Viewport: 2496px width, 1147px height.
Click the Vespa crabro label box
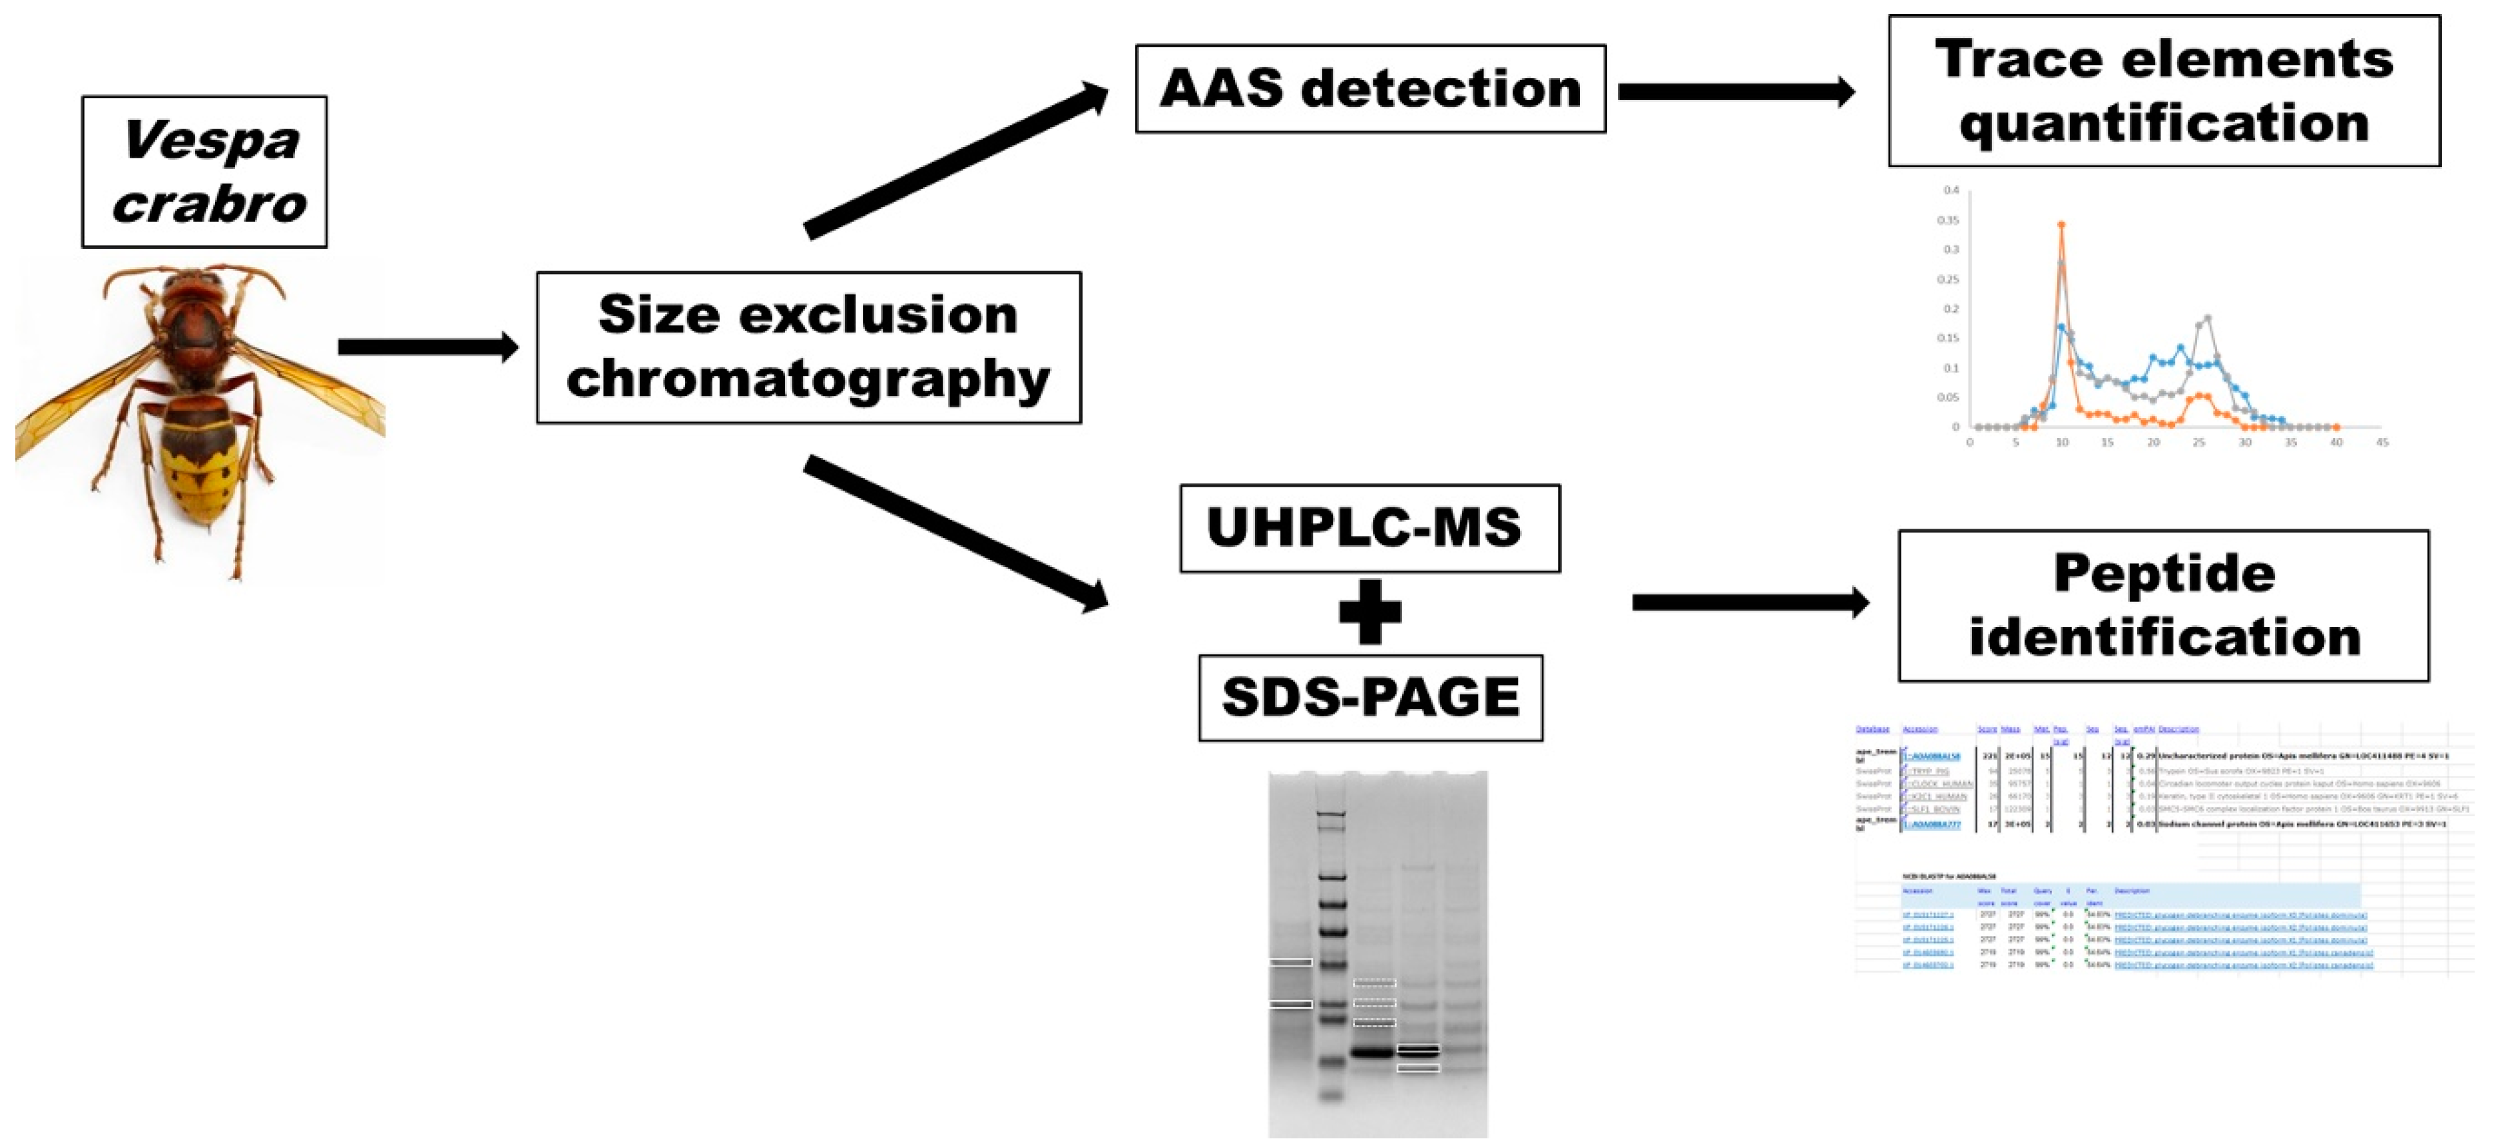pos(204,172)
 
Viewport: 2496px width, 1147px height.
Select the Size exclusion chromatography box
pos(808,347)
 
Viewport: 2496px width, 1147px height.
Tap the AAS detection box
pos(1370,89)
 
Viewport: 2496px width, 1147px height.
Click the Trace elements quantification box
pos(2164,91)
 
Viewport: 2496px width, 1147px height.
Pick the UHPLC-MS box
pos(1369,528)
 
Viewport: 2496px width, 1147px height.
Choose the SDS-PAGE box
pos(1370,698)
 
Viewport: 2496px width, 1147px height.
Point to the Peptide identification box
pos(2164,606)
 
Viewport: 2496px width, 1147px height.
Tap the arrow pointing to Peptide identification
pos(1750,602)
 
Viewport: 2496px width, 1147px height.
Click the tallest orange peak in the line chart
pos(2061,225)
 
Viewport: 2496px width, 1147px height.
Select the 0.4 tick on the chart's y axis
pos(1951,190)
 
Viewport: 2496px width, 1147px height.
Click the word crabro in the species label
pos(209,204)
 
